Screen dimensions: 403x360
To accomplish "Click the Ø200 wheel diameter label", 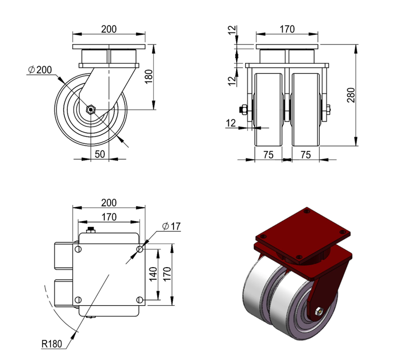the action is pyautogui.click(x=40, y=69).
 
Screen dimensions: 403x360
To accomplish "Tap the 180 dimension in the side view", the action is pyautogui.click(x=149, y=77).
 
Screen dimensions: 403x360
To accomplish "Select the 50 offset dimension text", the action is pyautogui.click(x=100, y=154).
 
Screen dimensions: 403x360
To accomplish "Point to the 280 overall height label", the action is pyautogui.click(x=351, y=95).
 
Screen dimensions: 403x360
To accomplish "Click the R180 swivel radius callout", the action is pyautogui.click(x=51, y=344).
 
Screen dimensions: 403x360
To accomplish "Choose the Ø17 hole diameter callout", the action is pyautogui.click(x=171, y=226).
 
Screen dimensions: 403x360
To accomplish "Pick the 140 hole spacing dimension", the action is pyautogui.click(x=153, y=274).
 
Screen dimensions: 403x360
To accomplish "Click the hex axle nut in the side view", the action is pyautogui.click(x=91, y=110).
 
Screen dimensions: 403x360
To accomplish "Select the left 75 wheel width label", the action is pyautogui.click(x=268, y=155).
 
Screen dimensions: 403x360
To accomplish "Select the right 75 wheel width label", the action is pyautogui.click(x=306, y=155).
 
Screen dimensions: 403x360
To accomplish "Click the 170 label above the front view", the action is pyautogui.click(x=287, y=29).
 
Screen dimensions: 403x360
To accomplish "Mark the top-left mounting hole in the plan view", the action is pyautogui.click(x=78, y=249).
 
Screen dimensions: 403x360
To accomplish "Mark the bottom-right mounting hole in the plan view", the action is pyautogui.click(x=139, y=300).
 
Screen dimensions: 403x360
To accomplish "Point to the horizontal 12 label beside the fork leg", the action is pyautogui.click(x=231, y=123).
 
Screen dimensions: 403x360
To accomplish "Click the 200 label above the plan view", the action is pyautogui.click(x=109, y=203).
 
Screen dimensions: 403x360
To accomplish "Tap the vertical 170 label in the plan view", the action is pyautogui.click(x=167, y=274).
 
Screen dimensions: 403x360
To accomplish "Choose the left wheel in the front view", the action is pyautogui.click(x=269, y=110).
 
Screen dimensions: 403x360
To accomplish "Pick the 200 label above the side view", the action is pyautogui.click(x=109, y=29).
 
